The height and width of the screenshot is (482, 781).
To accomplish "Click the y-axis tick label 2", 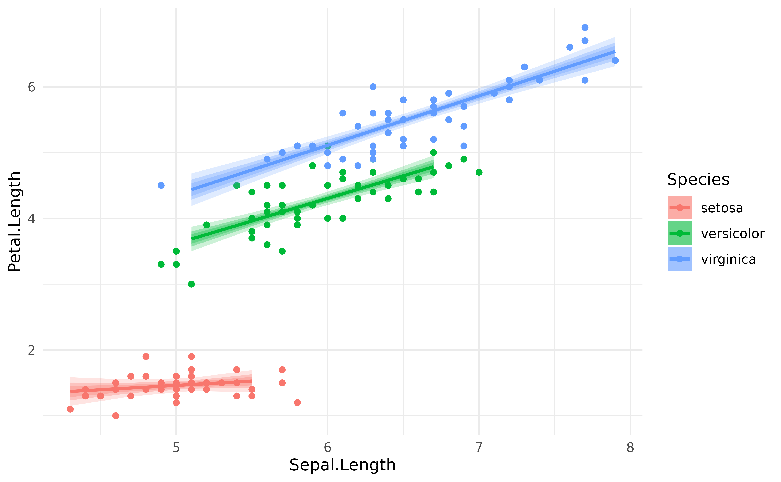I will [31, 350].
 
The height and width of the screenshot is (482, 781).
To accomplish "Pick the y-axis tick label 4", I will [31, 219].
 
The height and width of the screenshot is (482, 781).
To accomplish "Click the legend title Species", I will [698, 179].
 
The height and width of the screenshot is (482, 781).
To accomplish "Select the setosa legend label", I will [722, 208].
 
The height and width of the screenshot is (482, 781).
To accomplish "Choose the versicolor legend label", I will [732, 234].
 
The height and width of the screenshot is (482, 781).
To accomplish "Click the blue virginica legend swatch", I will [680, 259].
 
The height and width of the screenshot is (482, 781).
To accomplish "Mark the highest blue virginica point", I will [585, 28].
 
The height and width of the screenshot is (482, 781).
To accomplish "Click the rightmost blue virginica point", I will [615, 61].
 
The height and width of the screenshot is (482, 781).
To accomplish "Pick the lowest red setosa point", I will [116, 416].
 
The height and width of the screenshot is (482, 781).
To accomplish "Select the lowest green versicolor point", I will [191, 284].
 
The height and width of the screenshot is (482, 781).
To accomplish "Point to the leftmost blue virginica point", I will [161, 185].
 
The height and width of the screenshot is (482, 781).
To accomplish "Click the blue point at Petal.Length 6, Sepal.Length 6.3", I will [373, 87].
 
